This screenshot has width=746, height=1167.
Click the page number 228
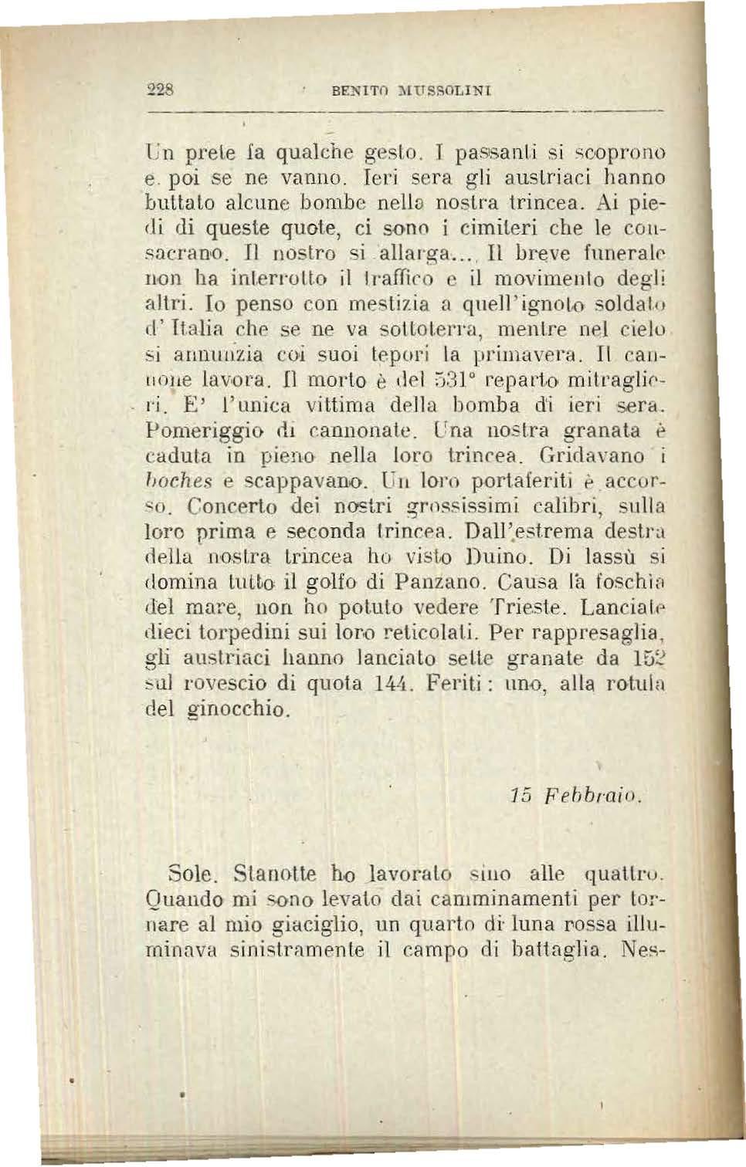coord(161,89)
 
